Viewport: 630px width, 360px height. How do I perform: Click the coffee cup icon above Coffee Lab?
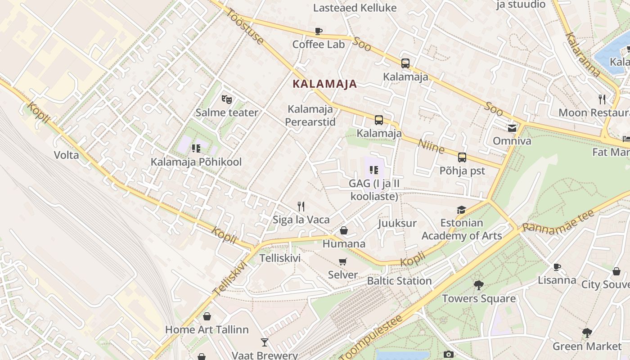[x=319, y=31]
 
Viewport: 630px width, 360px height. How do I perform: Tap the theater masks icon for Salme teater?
[x=226, y=99]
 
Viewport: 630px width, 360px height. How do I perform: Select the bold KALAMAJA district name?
[x=324, y=84]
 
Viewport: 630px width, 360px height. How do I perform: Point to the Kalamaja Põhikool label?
[x=196, y=162]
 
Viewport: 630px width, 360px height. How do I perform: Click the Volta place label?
[x=66, y=155]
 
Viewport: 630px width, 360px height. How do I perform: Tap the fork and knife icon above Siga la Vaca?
[x=301, y=207]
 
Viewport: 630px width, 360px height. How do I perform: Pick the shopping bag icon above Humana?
[x=344, y=231]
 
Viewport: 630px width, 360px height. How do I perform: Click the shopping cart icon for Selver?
[x=343, y=261]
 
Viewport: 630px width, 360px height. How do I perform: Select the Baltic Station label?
[x=399, y=281]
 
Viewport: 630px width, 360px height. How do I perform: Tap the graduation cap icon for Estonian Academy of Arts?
[x=461, y=210]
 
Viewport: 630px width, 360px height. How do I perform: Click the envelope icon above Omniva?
[x=512, y=128]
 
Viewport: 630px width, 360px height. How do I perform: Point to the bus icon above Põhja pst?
[x=462, y=157]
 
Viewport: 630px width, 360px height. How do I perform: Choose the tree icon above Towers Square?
[x=479, y=285]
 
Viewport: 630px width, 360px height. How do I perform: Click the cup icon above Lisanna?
[x=557, y=267]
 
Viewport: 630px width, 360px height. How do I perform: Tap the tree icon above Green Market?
[x=587, y=333]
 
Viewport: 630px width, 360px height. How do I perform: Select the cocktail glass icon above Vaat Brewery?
[x=265, y=342]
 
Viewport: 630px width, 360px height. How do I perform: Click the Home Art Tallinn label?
[x=207, y=329]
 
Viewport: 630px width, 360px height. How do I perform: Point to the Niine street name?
[x=431, y=146]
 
